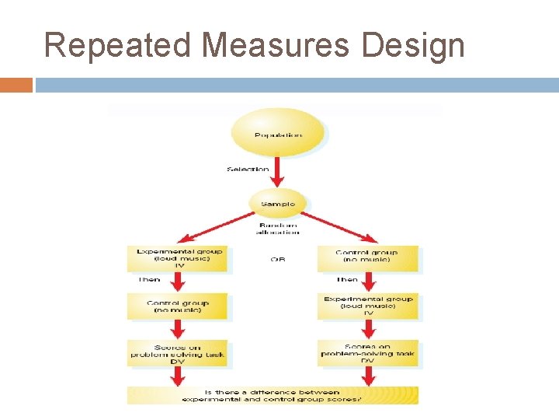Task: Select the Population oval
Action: pos(277,135)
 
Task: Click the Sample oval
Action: pos(277,203)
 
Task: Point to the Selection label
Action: pos(248,169)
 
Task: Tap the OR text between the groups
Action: pos(277,260)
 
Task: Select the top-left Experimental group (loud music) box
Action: pos(179,259)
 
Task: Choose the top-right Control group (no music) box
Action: pos(368,259)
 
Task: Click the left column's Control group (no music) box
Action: pos(179,306)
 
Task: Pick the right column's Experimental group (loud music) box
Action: pos(369,306)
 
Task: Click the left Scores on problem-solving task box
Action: pos(179,354)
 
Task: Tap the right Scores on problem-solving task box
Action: pos(369,354)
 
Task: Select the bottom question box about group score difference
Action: pos(273,395)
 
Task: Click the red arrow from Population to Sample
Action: pos(277,175)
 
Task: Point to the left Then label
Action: pos(149,280)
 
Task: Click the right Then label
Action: pos(347,280)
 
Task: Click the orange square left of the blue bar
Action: pos(16,85)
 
